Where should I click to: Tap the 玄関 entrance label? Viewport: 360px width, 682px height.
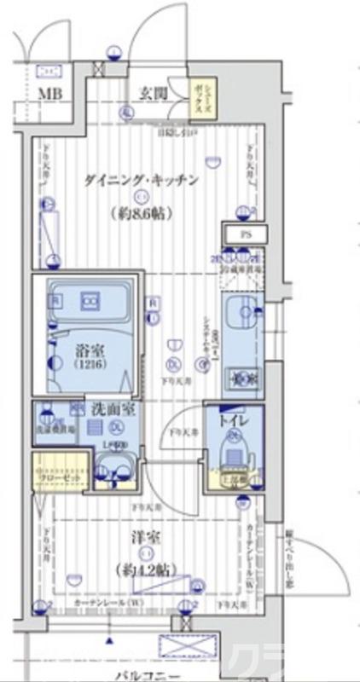click(154, 93)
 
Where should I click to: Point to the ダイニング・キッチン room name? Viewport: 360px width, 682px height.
click(142, 180)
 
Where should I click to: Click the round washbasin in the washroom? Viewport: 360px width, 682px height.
click(113, 467)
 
